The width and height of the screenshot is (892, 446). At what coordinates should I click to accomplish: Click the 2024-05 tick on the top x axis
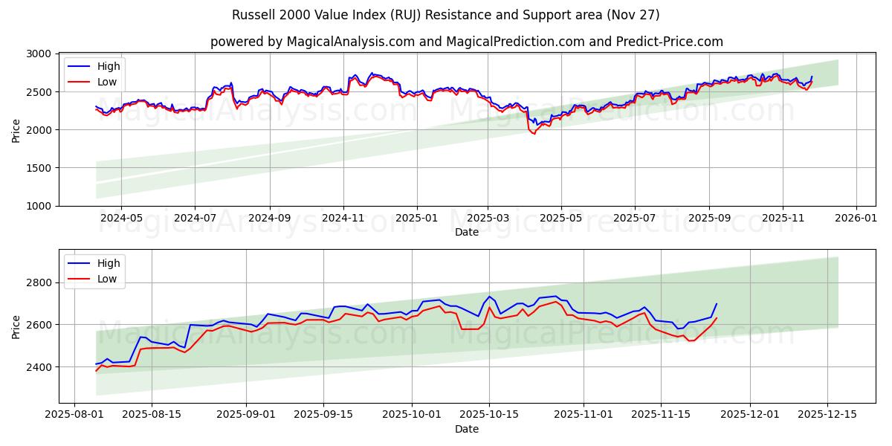click(x=121, y=219)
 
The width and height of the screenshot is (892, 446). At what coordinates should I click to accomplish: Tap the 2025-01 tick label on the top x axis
click(x=416, y=219)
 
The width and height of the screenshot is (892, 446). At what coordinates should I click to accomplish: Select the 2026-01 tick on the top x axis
click(x=856, y=219)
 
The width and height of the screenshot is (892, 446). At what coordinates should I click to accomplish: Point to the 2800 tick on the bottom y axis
click(x=39, y=282)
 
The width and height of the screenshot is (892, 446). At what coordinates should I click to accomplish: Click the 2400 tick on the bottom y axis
click(x=39, y=367)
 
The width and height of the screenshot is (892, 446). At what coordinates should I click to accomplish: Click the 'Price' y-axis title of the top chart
click(x=16, y=129)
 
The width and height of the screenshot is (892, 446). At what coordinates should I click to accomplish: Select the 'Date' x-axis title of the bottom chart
click(x=467, y=429)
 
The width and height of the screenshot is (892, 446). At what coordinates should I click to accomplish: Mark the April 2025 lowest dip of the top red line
click(x=533, y=134)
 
